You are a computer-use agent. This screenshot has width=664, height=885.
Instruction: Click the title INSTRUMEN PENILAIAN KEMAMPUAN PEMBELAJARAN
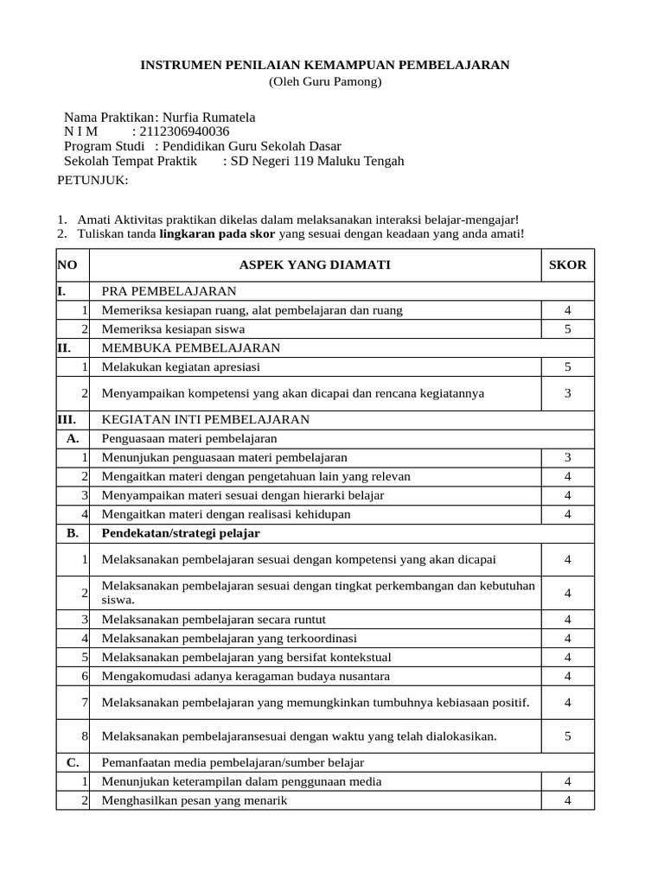(x=324, y=65)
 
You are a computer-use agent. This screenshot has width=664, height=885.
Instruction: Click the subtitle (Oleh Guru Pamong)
(x=324, y=82)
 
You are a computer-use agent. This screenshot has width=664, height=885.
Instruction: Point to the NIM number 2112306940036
(x=184, y=131)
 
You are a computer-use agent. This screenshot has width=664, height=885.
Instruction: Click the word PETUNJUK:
(x=93, y=180)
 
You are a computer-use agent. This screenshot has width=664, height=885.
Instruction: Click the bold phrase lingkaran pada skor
(x=217, y=233)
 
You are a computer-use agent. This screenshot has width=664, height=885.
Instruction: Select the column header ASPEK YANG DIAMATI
(x=315, y=264)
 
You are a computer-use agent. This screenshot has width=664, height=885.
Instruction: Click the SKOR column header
(x=567, y=264)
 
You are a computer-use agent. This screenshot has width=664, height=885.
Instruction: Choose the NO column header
(x=67, y=264)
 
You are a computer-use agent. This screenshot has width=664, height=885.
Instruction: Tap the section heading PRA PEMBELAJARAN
(x=169, y=291)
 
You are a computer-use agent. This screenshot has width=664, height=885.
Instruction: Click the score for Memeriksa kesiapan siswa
(x=567, y=329)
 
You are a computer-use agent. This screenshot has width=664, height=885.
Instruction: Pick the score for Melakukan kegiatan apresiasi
(x=567, y=366)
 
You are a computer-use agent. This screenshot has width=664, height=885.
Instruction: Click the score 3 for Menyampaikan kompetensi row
(x=567, y=393)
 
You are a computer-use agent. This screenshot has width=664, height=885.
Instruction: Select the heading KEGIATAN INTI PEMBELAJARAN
(x=206, y=419)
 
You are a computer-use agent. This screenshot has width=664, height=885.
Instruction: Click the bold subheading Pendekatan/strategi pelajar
(x=181, y=533)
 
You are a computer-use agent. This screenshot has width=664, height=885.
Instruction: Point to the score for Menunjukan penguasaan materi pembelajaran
(x=567, y=457)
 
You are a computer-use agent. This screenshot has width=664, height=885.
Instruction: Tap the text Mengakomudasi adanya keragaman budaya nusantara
(x=246, y=675)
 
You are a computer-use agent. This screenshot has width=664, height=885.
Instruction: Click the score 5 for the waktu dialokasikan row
(x=567, y=736)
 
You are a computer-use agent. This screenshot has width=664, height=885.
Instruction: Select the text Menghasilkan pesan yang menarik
(x=195, y=800)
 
